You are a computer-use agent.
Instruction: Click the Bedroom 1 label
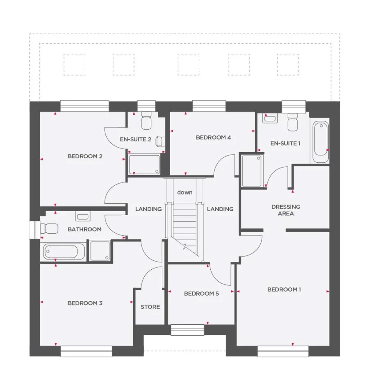pyautogui.click(x=284, y=289)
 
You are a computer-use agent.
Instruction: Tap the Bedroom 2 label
pyautogui.click(x=85, y=156)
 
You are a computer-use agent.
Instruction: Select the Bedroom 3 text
pyautogui.click(x=85, y=303)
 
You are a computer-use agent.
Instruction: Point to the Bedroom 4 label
pyautogui.click(x=213, y=137)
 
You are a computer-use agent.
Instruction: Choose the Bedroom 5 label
pyautogui.click(x=201, y=294)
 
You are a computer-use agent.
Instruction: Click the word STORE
pyautogui.click(x=150, y=307)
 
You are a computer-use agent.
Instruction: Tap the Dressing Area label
pyautogui.click(x=285, y=210)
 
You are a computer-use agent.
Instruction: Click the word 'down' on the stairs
pyautogui.click(x=184, y=192)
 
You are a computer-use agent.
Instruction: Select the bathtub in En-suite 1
pyautogui.click(x=320, y=141)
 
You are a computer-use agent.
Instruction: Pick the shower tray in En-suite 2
pyautogui.click(x=144, y=164)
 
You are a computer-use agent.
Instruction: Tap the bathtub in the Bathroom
pyautogui.click(x=64, y=251)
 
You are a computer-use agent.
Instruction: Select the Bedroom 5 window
pyautogui.click(x=187, y=330)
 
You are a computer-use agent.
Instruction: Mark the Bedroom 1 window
pyautogui.click(x=283, y=351)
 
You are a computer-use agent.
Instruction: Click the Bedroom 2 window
pyautogui.click(x=84, y=106)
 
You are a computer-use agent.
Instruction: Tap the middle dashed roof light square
pyautogui.click(x=189, y=65)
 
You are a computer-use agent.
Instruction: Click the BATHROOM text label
pyautogui.click(x=84, y=229)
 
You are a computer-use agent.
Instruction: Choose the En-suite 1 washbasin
pyautogui.click(x=270, y=119)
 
